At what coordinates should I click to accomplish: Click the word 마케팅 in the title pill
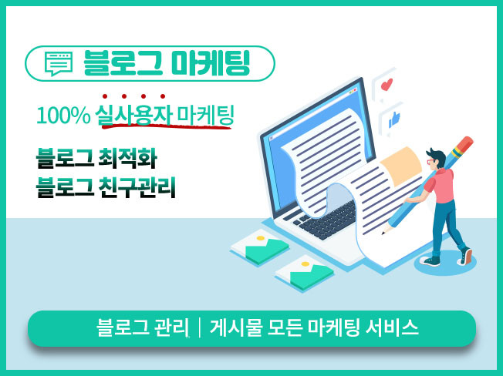[210, 63]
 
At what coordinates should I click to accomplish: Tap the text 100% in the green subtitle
[63, 116]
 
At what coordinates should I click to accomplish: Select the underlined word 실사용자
[133, 115]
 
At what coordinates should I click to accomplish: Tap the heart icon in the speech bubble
[387, 85]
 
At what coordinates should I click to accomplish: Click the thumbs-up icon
[394, 119]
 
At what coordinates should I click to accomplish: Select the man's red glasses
[430, 161]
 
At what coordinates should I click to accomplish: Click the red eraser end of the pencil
[464, 143]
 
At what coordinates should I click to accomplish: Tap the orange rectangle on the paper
[401, 166]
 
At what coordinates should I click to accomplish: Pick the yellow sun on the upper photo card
[261, 238]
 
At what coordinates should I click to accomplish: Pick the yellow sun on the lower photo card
[306, 264]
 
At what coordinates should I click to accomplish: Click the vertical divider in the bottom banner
[200, 327]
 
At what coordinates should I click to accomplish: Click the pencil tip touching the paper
[383, 232]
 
